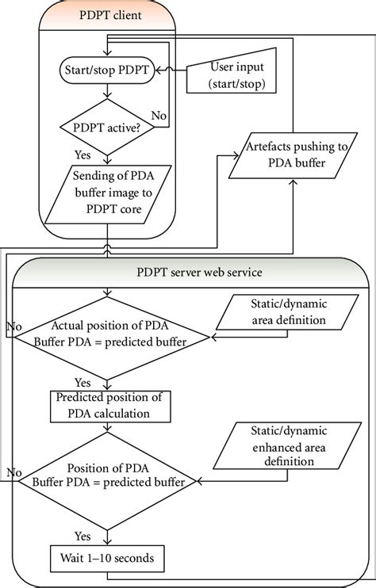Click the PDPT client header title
pos(106,15)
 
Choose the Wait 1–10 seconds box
pos(107,559)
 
